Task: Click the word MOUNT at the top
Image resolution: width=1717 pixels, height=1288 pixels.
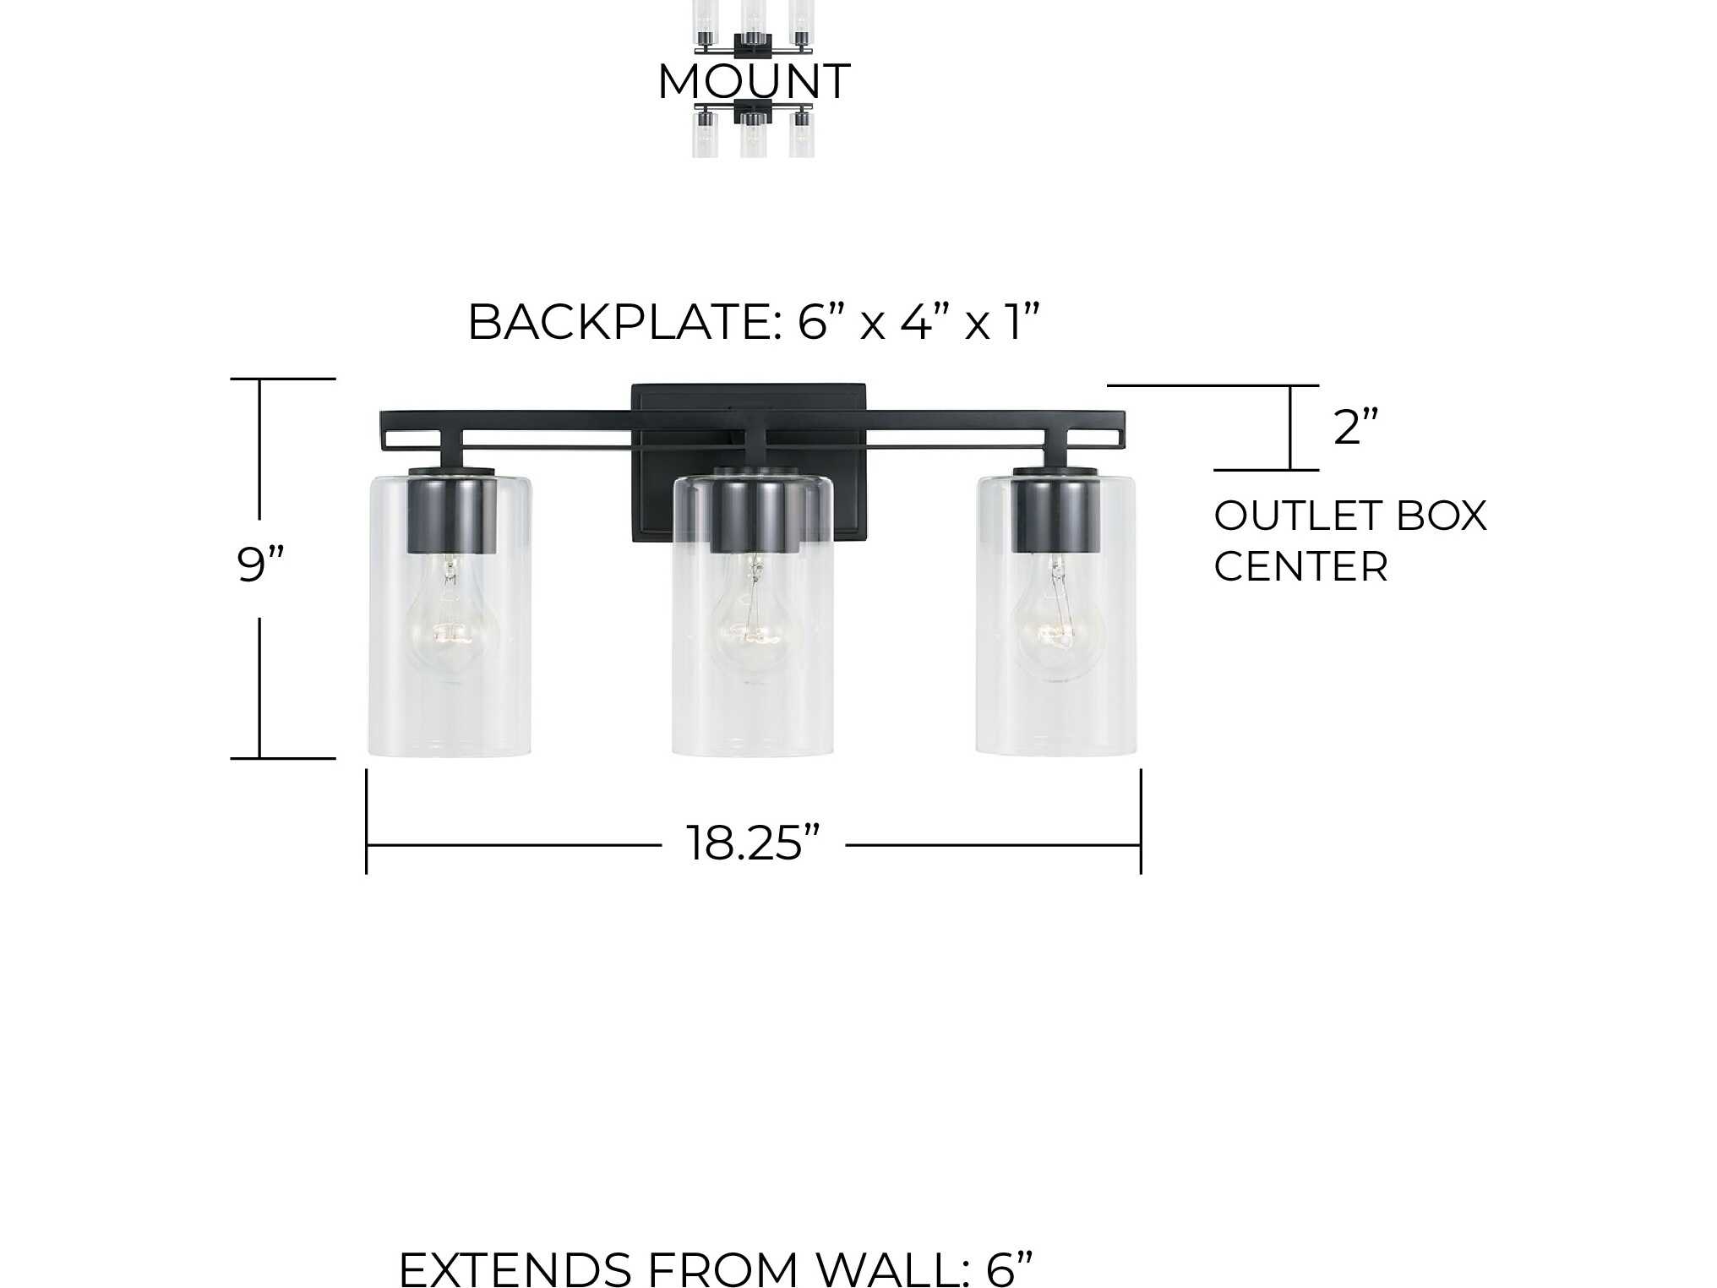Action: pyautogui.click(x=754, y=81)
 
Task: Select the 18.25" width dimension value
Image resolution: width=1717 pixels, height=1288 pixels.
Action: pyautogui.click(x=753, y=843)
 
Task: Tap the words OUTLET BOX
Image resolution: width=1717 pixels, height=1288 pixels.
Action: pyautogui.click(x=1350, y=516)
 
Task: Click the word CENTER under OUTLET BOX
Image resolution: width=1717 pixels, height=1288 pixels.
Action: pyautogui.click(x=1300, y=566)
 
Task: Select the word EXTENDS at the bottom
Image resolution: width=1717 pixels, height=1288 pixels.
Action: pyautogui.click(x=515, y=1269)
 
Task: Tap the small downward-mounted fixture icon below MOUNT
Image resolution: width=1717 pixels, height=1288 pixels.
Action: pyautogui.click(x=753, y=129)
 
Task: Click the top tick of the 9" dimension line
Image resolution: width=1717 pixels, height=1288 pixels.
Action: pyautogui.click(x=283, y=379)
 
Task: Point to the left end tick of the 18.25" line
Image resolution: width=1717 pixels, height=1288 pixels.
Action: pyautogui.click(x=366, y=821)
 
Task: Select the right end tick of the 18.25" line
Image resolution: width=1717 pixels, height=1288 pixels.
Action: pyautogui.click(x=1141, y=821)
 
